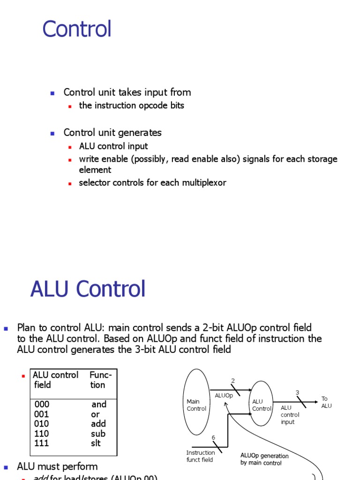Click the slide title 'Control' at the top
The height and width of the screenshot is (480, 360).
[77, 29]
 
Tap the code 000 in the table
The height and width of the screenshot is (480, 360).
[42, 404]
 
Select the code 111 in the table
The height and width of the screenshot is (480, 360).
[42, 443]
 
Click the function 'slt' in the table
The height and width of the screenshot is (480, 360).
[96, 443]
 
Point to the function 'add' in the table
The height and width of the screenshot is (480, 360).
[98, 424]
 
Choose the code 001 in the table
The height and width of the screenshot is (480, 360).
[42, 414]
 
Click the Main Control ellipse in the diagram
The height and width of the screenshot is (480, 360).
[196, 402]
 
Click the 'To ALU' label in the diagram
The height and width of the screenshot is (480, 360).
[326, 402]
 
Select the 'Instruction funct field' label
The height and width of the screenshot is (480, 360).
[201, 456]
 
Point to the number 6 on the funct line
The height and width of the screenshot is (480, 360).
[213, 438]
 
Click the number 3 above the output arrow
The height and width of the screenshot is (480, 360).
[297, 392]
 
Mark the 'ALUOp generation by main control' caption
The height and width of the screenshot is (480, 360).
[264, 459]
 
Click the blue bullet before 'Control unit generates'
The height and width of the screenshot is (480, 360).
[52, 133]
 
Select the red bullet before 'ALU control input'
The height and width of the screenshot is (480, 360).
[69, 147]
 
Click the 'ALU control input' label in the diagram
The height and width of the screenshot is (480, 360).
[290, 415]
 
